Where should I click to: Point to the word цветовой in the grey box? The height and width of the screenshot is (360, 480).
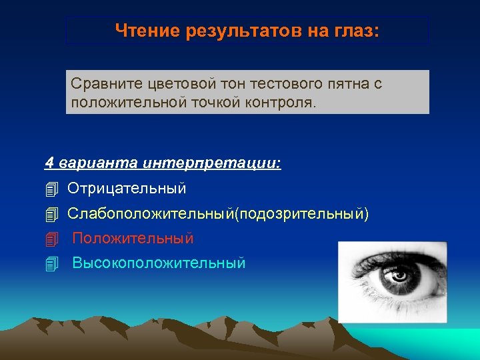coord(179,85)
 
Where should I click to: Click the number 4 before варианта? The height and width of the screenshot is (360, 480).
coord(49,164)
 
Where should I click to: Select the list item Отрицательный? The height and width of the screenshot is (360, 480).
coord(127,189)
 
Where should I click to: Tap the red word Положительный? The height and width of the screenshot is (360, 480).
coord(133,238)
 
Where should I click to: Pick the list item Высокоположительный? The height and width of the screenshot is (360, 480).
coord(159,263)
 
